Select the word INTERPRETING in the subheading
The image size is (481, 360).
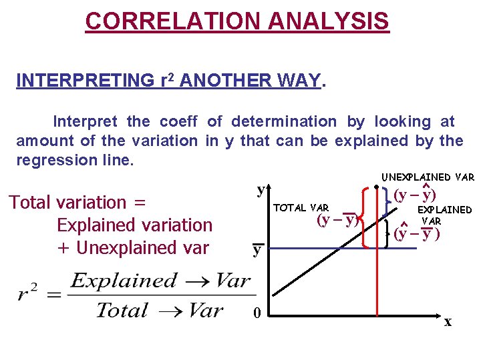point(85,81)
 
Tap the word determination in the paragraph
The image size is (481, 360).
point(284,121)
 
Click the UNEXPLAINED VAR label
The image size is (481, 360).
point(428,177)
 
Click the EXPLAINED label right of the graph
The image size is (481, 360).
point(444,209)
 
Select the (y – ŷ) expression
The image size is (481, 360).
point(414,195)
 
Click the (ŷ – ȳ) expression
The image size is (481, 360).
point(416,234)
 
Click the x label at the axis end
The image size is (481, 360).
point(448,322)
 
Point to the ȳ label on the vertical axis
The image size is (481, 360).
point(257,250)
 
